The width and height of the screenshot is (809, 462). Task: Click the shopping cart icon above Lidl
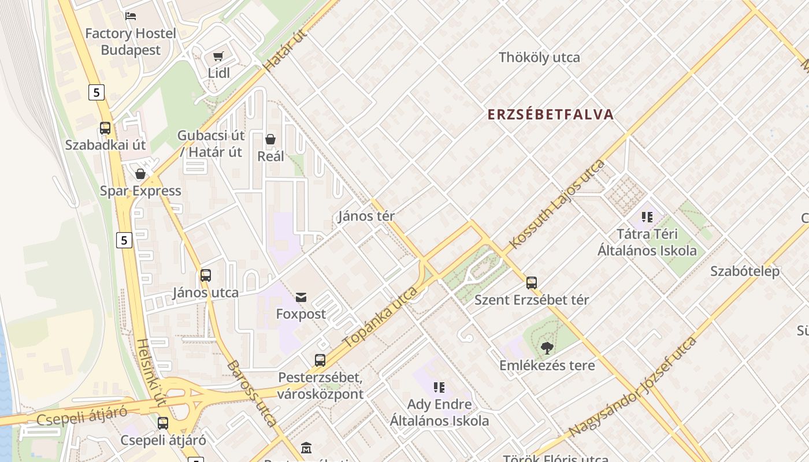click(x=218, y=57)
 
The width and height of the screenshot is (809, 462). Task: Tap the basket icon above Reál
click(x=270, y=139)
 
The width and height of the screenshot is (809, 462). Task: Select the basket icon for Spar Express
click(x=140, y=174)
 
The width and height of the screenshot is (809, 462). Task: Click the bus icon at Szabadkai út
click(x=105, y=128)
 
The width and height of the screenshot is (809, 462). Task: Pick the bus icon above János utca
click(x=205, y=275)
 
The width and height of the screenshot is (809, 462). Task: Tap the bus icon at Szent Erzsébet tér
click(x=532, y=283)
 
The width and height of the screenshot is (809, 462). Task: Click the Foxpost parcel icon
click(x=301, y=297)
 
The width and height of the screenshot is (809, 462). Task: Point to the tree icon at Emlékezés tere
click(x=547, y=348)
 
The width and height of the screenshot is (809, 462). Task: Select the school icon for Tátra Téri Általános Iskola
click(x=647, y=217)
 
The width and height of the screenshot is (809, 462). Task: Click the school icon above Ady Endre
click(x=439, y=387)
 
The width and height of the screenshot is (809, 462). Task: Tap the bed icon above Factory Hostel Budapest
click(x=131, y=16)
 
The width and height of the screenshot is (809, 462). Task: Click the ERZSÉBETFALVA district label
click(x=550, y=114)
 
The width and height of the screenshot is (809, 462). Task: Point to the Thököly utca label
click(x=539, y=57)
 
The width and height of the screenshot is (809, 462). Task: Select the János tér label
click(x=366, y=216)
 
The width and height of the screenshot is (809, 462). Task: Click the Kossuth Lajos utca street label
click(x=557, y=204)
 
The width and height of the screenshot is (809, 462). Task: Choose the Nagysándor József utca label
click(x=633, y=387)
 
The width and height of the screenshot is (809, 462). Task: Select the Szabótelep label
click(x=745, y=271)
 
